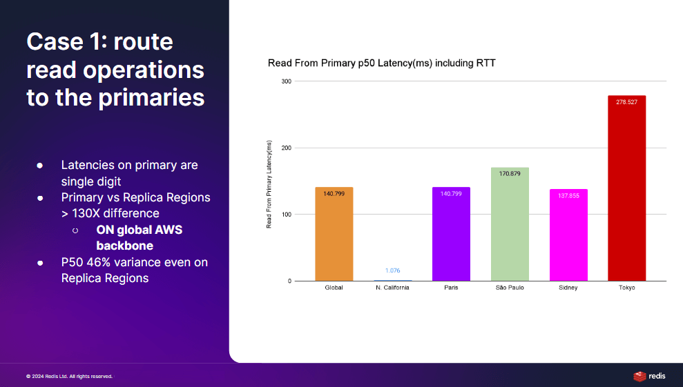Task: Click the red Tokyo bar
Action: click(x=626, y=188)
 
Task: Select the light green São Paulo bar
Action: click(x=510, y=224)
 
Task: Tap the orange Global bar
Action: click(x=334, y=235)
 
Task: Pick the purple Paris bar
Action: click(x=451, y=235)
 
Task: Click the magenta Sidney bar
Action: click(x=568, y=235)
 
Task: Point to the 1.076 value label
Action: click(x=392, y=270)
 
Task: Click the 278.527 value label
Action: click(x=626, y=102)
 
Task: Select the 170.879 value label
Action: click(x=510, y=173)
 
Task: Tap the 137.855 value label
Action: click(x=568, y=195)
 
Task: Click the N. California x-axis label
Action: click(x=392, y=287)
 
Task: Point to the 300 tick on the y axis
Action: click(x=286, y=81)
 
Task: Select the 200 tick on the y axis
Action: click(x=286, y=148)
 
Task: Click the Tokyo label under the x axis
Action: click(x=626, y=287)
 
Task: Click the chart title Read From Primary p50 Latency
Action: click(x=382, y=63)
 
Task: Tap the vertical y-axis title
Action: click(x=269, y=184)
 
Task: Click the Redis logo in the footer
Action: click(x=649, y=376)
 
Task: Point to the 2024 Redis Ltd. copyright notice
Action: click(x=69, y=376)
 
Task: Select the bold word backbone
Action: click(x=124, y=246)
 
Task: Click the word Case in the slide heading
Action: click(x=55, y=42)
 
